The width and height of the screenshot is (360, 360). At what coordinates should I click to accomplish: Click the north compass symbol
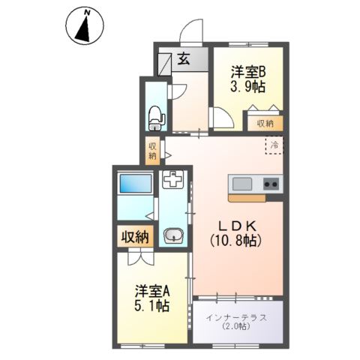[x=85, y=25]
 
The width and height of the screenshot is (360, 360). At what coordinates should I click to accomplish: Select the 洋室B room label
[x=246, y=72]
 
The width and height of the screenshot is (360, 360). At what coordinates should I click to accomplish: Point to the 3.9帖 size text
[x=246, y=87]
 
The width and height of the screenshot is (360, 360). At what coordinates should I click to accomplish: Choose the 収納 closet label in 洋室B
[x=265, y=123]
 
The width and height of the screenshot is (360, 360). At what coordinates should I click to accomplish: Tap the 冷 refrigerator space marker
[x=274, y=145]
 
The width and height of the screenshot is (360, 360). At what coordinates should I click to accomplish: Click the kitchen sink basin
[x=242, y=183]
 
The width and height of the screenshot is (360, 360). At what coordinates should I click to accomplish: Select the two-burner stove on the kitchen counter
[x=271, y=183]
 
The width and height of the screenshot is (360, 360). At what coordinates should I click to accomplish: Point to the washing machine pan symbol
[x=173, y=181]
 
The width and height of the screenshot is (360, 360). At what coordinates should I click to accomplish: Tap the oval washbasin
[x=173, y=235]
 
